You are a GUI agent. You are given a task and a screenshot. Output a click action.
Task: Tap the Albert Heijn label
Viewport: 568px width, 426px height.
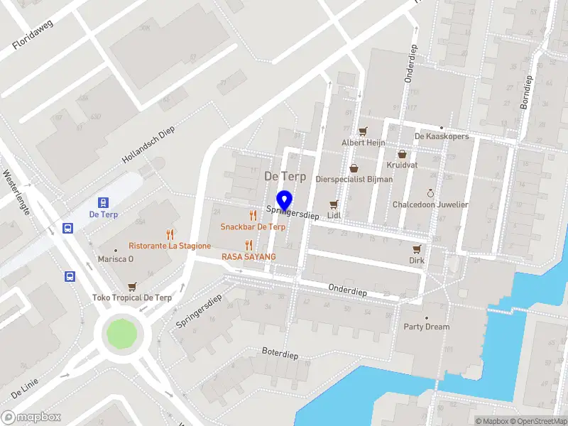(x=364, y=143)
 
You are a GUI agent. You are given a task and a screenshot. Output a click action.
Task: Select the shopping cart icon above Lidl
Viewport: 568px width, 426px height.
(x=333, y=204)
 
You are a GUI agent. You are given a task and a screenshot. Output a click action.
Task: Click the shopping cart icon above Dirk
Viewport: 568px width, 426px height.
(x=417, y=249)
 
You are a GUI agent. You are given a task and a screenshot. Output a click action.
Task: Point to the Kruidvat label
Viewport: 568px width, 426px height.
(x=402, y=165)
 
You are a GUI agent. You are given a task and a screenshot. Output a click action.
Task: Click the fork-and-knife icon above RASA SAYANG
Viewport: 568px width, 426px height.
(x=248, y=245)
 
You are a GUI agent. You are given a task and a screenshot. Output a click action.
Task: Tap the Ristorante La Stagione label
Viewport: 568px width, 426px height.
(x=170, y=246)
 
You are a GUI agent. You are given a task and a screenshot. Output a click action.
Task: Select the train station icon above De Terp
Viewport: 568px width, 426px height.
(x=103, y=202)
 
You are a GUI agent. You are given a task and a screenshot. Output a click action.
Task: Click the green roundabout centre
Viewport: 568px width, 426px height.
(x=119, y=333)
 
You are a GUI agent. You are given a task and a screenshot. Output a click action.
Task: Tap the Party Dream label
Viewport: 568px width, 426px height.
(x=427, y=327)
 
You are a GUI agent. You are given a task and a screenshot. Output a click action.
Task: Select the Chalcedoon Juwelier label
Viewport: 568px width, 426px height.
(x=430, y=204)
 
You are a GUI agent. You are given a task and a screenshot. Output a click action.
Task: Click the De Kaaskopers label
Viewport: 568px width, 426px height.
(x=442, y=136)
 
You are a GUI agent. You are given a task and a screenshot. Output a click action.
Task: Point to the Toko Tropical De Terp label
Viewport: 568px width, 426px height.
(x=132, y=297)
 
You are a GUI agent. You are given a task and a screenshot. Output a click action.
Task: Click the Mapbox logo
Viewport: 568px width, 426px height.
(x=31, y=417)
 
